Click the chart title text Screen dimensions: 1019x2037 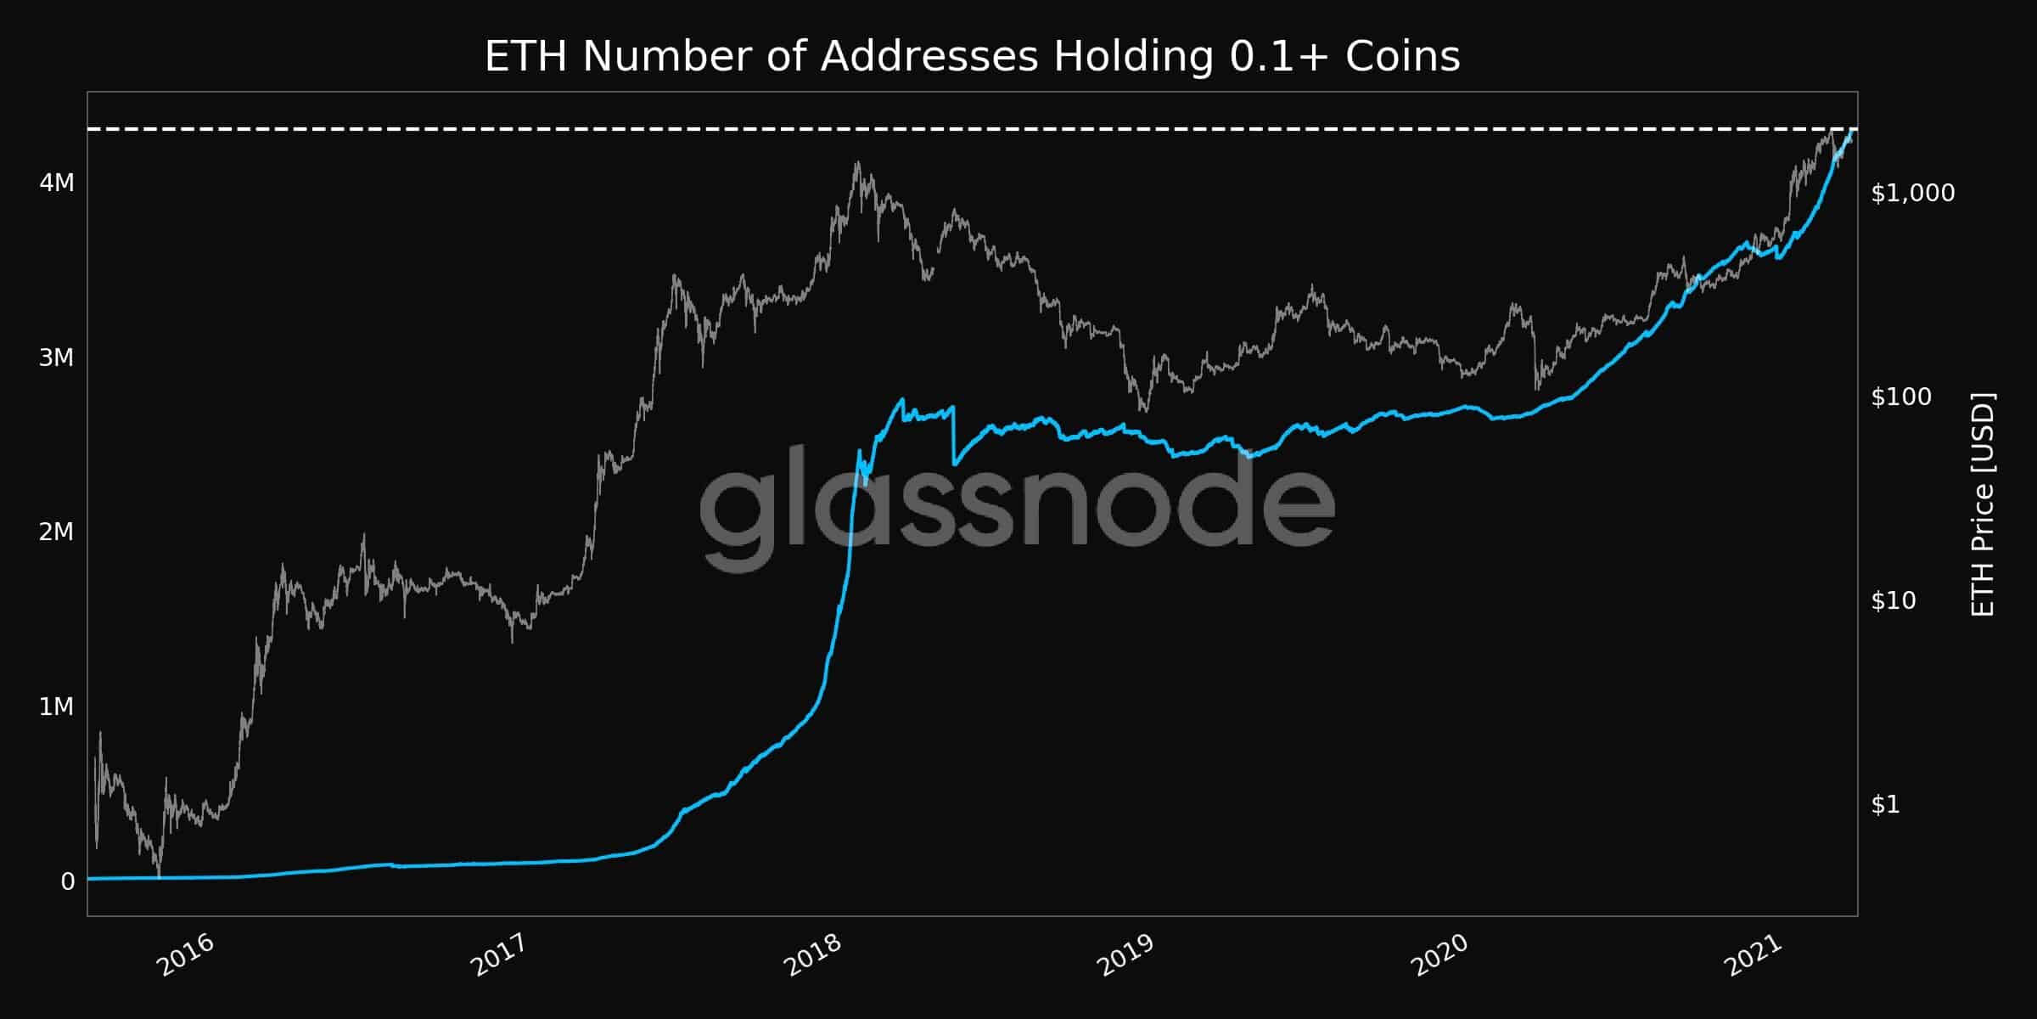click(972, 58)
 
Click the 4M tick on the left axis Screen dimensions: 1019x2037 click(57, 183)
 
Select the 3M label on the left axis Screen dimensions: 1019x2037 click(57, 357)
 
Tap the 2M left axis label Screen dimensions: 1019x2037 click(57, 532)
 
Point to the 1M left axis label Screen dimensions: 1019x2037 click(57, 707)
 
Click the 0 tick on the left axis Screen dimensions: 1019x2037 click(68, 881)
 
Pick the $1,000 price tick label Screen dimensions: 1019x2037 click(1912, 194)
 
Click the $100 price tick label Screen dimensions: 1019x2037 click(1901, 397)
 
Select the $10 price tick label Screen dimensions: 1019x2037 click(1894, 601)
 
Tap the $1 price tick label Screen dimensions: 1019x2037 click(1885, 804)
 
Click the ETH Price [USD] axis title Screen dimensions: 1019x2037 click(1983, 504)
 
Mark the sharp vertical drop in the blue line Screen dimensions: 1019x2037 click(954, 435)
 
